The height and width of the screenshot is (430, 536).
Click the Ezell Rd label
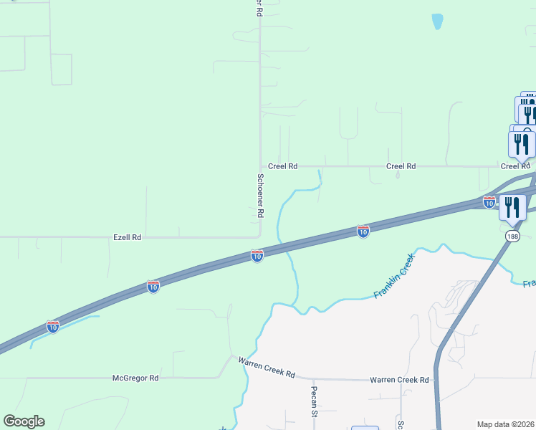(x=127, y=237)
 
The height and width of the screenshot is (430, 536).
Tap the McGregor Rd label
(x=135, y=378)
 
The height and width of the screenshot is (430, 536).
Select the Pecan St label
(x=314, y=402)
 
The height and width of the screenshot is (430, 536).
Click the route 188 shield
(x=512, y=236)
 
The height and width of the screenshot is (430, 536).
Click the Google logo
(x=24, y=421)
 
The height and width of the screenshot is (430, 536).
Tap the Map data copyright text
(x=506, y=424)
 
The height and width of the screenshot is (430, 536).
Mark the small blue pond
(x=437, y=22)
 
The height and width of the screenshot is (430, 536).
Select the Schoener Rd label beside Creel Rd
(x=261, y=196)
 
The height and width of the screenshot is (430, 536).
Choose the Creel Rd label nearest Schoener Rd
(x=283, y=166)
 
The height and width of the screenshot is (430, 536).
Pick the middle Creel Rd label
(x=401, y=166)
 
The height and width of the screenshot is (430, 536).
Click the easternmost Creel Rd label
(x=515, y=166)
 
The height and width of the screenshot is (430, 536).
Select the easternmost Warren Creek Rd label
(x=399, y=380)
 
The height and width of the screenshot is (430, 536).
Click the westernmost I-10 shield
(x=53, y=326)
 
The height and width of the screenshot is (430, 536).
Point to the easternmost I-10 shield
(x=489, y=202)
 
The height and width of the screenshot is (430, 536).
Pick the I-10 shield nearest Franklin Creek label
(x=363, y=231)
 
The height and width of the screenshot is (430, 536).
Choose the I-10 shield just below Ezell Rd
(x=257, y=255)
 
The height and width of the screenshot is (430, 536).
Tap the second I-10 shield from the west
(x=153, y=286)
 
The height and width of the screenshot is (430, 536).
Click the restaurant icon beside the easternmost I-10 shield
(x=512, y=208)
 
